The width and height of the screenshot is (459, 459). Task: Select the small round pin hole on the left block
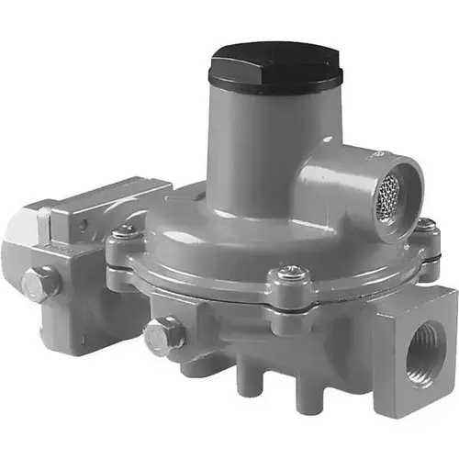(84, 223)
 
